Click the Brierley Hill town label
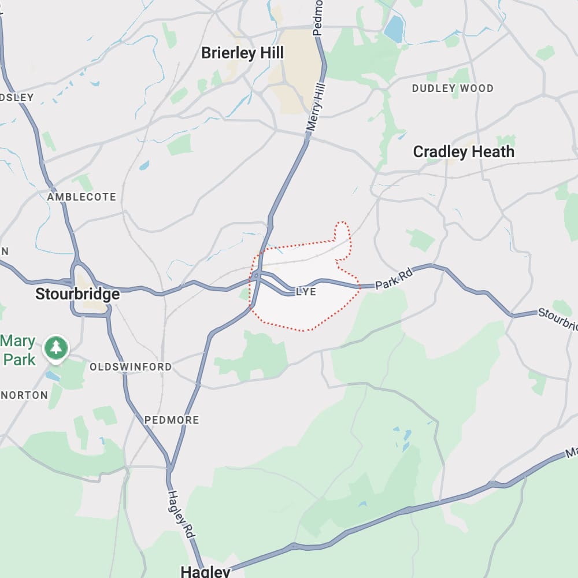coord(242,53)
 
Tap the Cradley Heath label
coord(464,152)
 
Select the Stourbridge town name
coord(77,294)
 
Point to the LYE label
coord(306,292)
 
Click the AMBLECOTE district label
coord(81,197)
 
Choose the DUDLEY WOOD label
coord(453,88)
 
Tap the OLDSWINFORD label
coord(131,367)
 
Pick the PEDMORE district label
coord(172,420)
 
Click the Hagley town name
coord(205,572)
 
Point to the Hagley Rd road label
coord(180,516)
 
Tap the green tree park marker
coord(56,347)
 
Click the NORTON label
coord(24,395)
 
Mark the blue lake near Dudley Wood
coord(394,28)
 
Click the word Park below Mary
coord(19,359)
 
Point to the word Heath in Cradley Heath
coord(492,152)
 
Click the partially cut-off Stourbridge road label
coord(558,318)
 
